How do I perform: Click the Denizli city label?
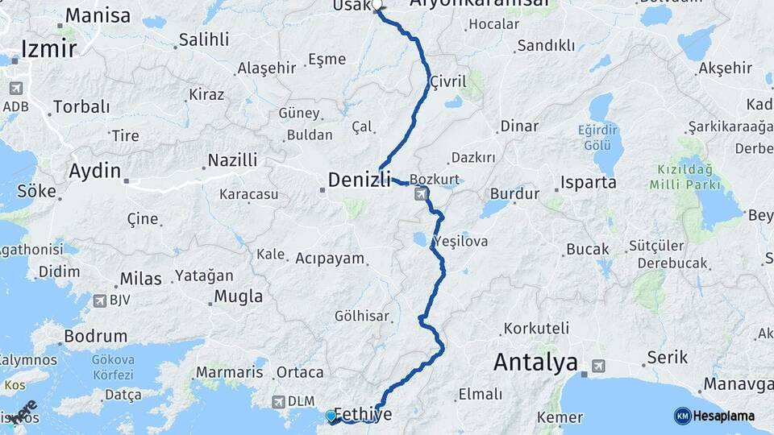pos(360,180)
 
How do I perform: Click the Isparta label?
pos(589,182)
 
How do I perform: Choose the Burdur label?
pos(514,194)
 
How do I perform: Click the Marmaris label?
pos(229,373)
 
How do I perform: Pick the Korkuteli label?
pos(536,329)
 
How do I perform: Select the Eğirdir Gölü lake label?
pos(597,137)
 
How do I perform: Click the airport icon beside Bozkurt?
pos(422,194)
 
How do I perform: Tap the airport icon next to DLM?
pos(279,401)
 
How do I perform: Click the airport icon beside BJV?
pos(100,300)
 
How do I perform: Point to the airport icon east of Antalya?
pos(597,366)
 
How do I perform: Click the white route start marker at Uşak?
pos(377,5)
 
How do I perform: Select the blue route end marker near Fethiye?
pos(331,416)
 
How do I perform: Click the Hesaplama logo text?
pos(723,416)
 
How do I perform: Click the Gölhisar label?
pos(362,317)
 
